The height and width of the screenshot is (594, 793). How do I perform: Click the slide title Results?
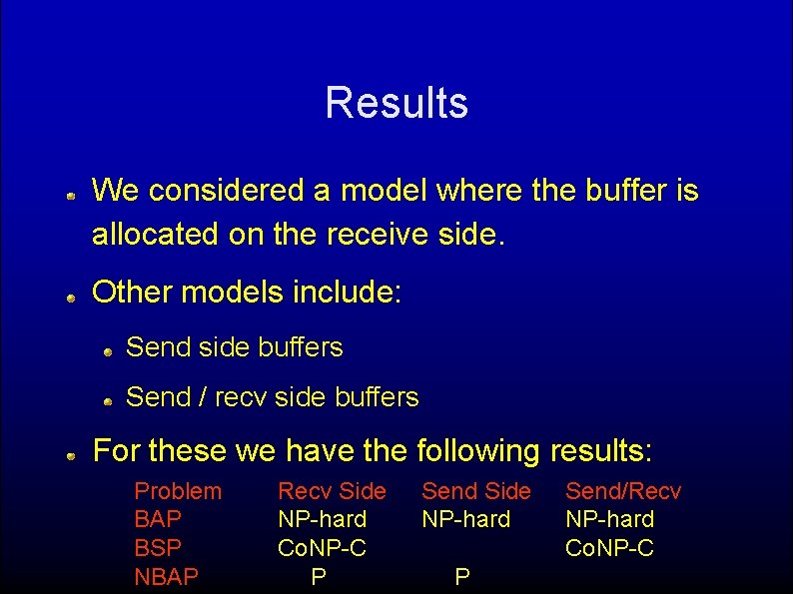(396, 103)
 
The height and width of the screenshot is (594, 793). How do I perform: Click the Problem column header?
(178, 491)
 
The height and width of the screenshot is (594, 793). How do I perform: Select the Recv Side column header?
(332, 491)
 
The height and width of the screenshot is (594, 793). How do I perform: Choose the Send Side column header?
(476, 491)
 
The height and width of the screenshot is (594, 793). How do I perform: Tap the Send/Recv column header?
(623, 491)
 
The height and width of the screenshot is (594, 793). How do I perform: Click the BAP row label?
(157, 519)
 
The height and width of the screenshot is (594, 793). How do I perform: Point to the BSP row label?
(157, 548)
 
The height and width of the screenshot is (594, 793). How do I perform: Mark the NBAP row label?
(166, 576)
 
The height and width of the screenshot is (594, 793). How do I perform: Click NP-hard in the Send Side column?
(466, 519)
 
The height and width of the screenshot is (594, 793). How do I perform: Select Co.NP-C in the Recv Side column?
(322, 548)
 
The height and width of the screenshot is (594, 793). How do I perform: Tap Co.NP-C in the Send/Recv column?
(609, 548)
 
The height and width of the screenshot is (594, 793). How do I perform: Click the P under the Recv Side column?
(319, 576)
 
